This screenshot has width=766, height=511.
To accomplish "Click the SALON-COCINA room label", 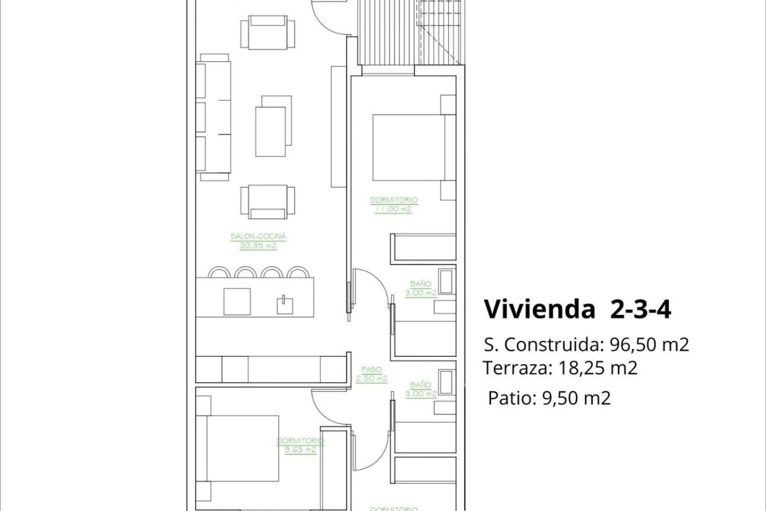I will [x=258, y=236].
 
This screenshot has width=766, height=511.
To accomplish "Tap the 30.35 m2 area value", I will [x=258, y=246].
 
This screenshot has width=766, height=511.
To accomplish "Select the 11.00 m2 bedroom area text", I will [x=393, y=209].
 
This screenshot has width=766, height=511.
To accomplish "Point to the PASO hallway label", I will [x=371, y=370].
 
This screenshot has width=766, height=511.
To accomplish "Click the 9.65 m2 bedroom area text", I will [x=300, y=450].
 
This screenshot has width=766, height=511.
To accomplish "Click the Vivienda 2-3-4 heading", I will [x=577, y=309].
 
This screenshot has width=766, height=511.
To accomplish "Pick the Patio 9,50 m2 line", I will [x=549, y=398].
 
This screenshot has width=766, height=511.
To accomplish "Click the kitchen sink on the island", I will [x=285, y=305].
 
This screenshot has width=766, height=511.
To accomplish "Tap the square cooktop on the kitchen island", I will [x=237, y=301].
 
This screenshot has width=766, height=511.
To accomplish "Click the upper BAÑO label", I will [x=421, y=284].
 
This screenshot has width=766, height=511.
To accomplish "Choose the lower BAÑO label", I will [x=421, y=385].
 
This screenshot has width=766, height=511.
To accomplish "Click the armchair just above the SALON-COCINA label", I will [x=268, y=201].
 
